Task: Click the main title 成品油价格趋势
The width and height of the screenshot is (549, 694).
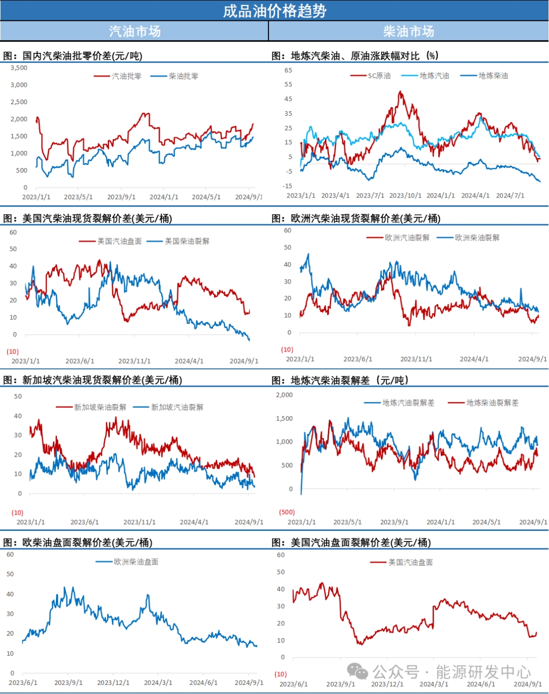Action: tap(274, 11)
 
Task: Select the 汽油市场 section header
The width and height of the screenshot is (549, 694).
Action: tap(135, 31)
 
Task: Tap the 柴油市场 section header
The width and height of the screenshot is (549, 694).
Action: tap(409, 31)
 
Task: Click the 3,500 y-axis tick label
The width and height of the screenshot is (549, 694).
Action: tap(19, 68)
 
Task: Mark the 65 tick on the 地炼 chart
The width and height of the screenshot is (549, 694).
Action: tap(288, 70)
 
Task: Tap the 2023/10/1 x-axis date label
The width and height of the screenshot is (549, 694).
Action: tap(405, 196)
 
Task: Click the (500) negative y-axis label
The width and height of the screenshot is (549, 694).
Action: tap(287, 512)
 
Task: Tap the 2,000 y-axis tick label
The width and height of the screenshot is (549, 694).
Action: tap(284, 395)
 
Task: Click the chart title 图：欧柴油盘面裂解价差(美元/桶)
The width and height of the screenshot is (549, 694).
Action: tap(78, 543)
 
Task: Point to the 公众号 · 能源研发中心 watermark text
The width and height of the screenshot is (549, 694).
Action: tap(451, 672)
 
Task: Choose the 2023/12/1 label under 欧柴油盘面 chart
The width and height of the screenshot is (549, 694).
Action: tap(113, 683)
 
